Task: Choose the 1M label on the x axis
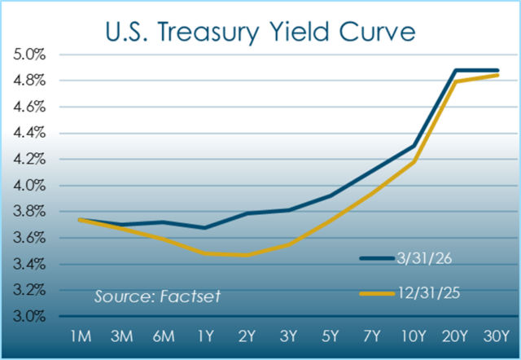(x=79, y=336)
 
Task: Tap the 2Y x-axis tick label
(x=245, y=336)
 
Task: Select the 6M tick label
(x=162, y=336)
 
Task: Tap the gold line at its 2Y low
(x=245, y=255)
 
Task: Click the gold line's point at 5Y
(x=330, y=218)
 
